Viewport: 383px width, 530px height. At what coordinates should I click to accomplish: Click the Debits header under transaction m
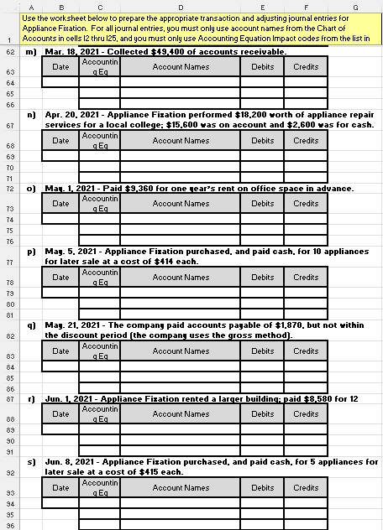263,67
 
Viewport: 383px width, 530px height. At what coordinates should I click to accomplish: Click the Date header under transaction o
60,204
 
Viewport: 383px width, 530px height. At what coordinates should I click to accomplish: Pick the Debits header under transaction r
263,414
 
